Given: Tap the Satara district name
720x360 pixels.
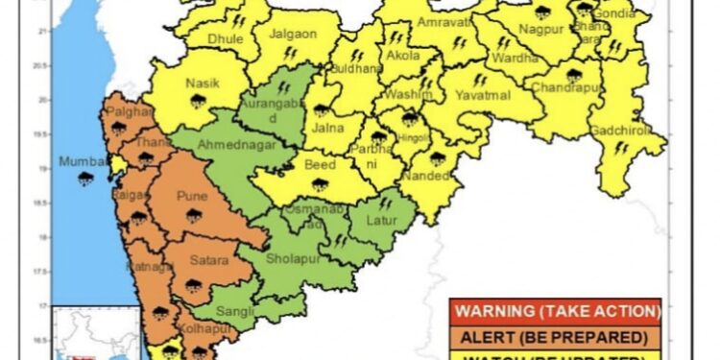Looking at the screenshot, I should pyautogui.click(x=208, y=260).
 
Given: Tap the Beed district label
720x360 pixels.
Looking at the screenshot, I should pyautogui.click(x=320, y=165).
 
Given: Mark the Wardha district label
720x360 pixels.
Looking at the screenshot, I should pyautogui.click(x=508, y=57).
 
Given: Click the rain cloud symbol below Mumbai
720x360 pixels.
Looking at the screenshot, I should pyautogui.click(x=85, y=179).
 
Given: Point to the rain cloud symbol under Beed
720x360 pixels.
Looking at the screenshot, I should pyautogui.click(x=320, y=182).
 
